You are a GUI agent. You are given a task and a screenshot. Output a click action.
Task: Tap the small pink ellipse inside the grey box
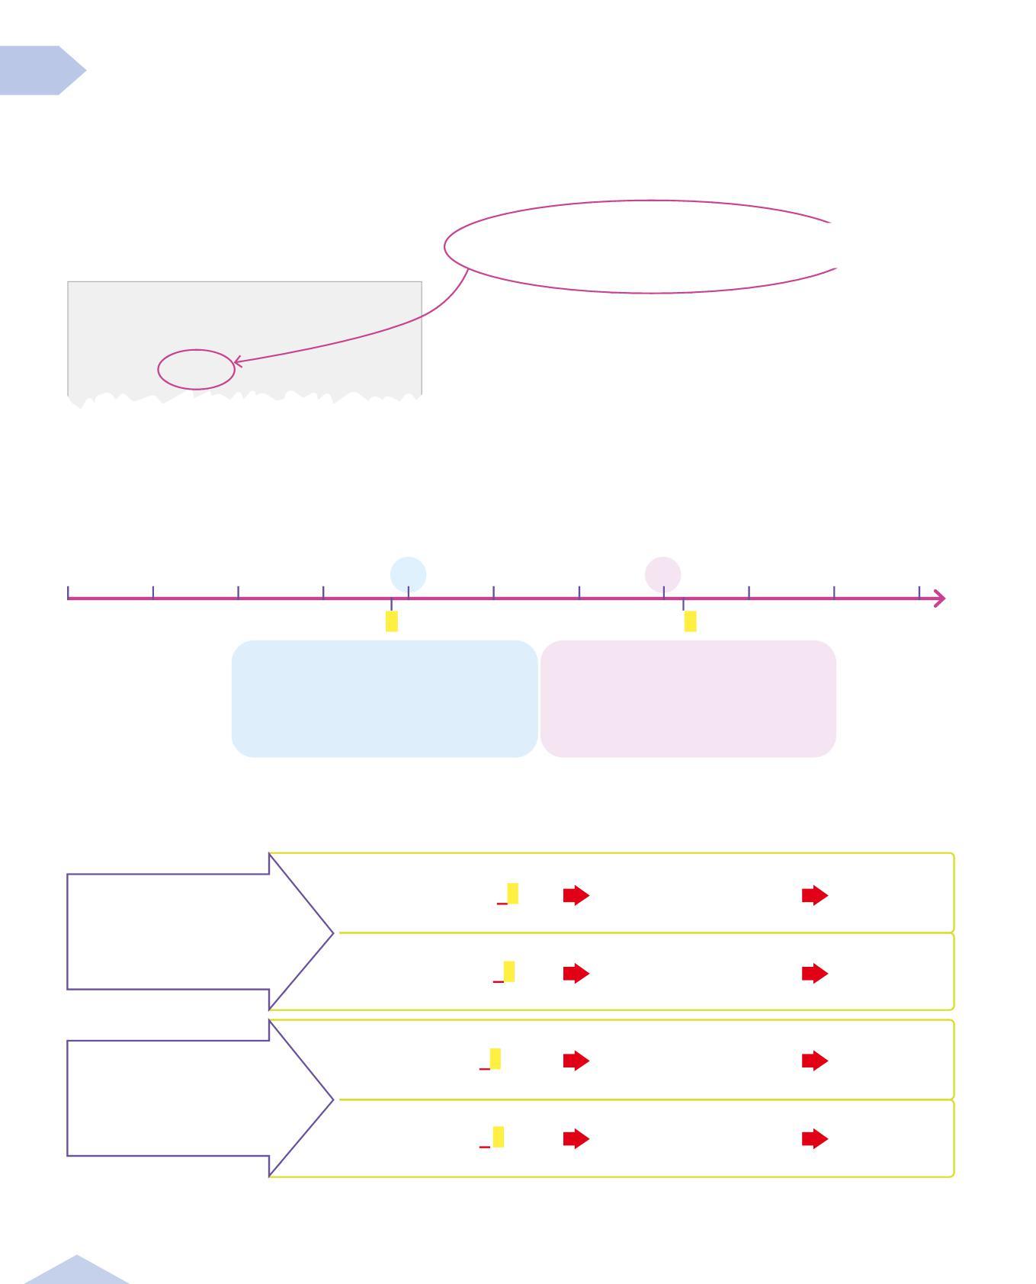pos(196,369)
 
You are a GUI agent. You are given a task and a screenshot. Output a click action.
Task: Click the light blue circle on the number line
pos(408,574)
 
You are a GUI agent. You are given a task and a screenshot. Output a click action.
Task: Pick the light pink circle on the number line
pos(662,574)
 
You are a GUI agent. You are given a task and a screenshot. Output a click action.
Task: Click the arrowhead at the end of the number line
pos(940,599)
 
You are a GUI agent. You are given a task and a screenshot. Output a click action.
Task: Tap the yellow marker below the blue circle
pos(391,621)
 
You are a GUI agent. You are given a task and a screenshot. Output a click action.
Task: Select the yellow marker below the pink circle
pos(690,621)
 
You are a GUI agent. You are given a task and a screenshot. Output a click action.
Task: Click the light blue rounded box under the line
pos(384,698)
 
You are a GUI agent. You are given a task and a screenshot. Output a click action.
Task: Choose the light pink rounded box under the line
pos(688,698)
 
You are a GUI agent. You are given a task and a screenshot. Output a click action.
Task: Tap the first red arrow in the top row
pos(576,895)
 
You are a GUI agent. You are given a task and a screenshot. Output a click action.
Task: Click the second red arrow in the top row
pos(815,895)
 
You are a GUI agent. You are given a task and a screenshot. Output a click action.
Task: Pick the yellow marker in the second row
pos(508,971)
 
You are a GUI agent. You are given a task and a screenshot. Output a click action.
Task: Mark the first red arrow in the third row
pos(576,1061)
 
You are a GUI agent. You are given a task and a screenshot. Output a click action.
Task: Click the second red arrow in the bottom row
pos(815,1139)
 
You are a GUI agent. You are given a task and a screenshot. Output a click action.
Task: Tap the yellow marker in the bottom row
pos(498,1136)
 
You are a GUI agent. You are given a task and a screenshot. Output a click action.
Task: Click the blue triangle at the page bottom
pos(76,1271)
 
